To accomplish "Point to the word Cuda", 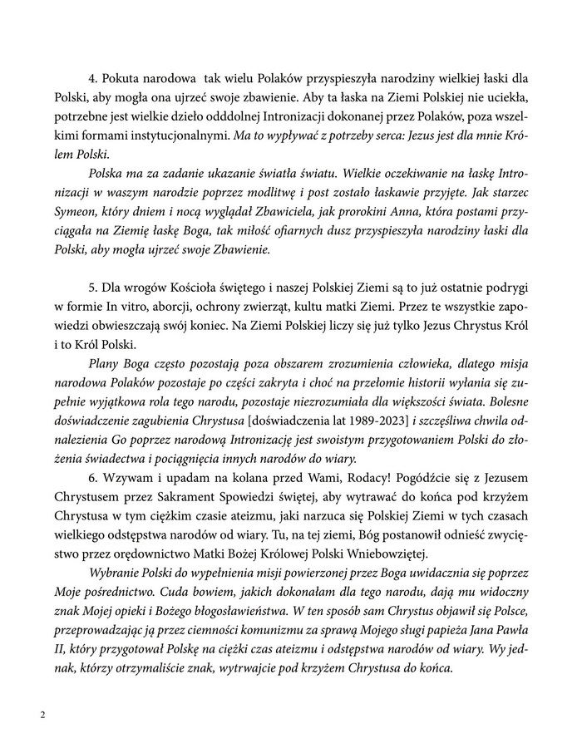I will (x=190, y=598).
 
